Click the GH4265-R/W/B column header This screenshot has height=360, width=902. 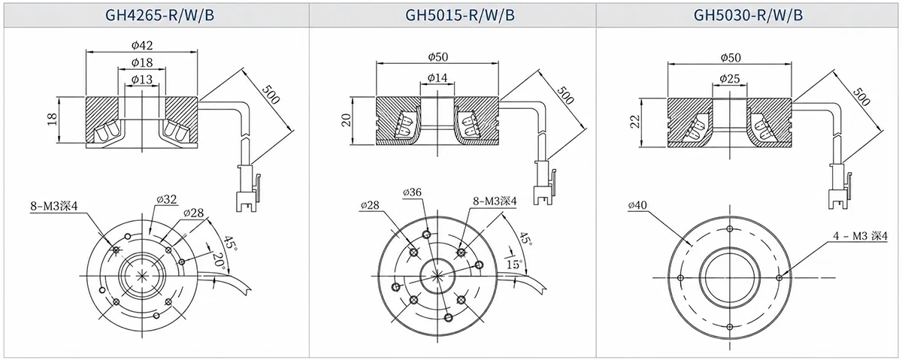click(160, 15)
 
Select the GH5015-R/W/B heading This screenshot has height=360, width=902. click(460, 15)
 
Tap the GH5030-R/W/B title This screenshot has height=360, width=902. click(748, 15)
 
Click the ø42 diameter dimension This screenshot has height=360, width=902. click(142, 45)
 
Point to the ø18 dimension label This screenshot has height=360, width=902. click(142, 62)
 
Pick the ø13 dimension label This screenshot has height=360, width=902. click(142, 80)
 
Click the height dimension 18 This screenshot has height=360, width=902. click(53, 119)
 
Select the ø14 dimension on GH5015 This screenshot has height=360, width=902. click(437, 77)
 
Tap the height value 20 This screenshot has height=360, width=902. click(347, 120)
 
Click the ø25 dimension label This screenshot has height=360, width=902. click(730, 78)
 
